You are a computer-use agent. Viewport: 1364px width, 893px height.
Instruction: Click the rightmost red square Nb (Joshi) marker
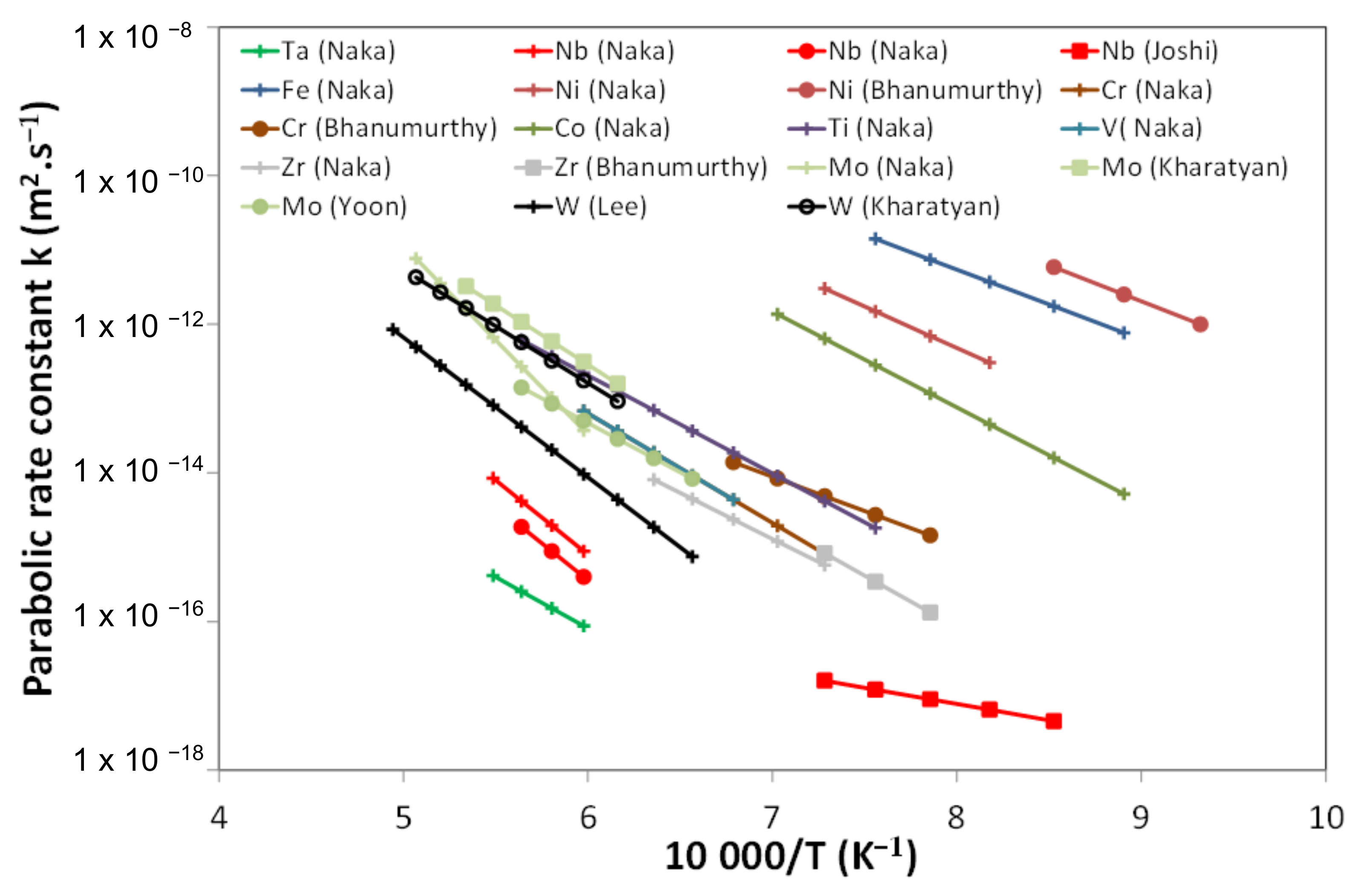coord(1053,721)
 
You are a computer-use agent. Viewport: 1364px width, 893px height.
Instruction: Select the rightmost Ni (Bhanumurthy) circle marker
coord(1200,324)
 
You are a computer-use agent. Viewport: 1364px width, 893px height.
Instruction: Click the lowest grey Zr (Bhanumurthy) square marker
coord(930,613)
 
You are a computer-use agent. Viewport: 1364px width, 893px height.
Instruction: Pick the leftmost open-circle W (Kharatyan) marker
coord(416,277)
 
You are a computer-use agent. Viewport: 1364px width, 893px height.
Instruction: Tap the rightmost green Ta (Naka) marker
coord(583,626)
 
